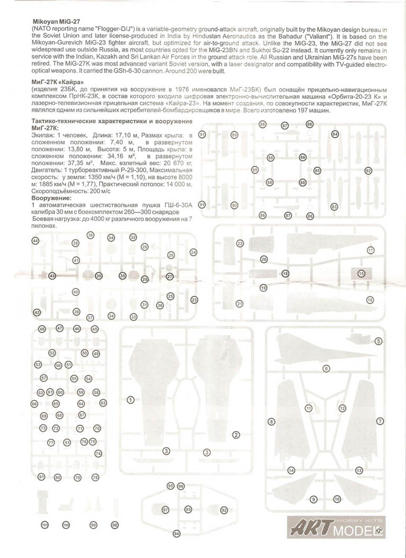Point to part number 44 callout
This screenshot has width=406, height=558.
pos(35,241)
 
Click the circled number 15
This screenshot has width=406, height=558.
pos(362,273)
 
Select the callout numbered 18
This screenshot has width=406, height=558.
pos(285,273)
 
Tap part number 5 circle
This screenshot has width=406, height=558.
pos(379,341)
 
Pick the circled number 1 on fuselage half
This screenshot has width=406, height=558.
pos(130,400)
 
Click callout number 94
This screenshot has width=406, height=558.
pos(177,534)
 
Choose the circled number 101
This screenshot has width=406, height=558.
pos(44,525)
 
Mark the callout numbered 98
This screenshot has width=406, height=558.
pos(115,525)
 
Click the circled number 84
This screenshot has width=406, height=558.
pos(335,135)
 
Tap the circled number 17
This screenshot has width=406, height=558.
pos(371,250)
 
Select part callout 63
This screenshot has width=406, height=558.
pos(103,403)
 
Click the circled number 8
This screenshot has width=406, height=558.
pos(271,422)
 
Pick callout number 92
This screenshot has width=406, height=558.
pos(224,510)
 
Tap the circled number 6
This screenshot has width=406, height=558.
pos(326,368)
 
